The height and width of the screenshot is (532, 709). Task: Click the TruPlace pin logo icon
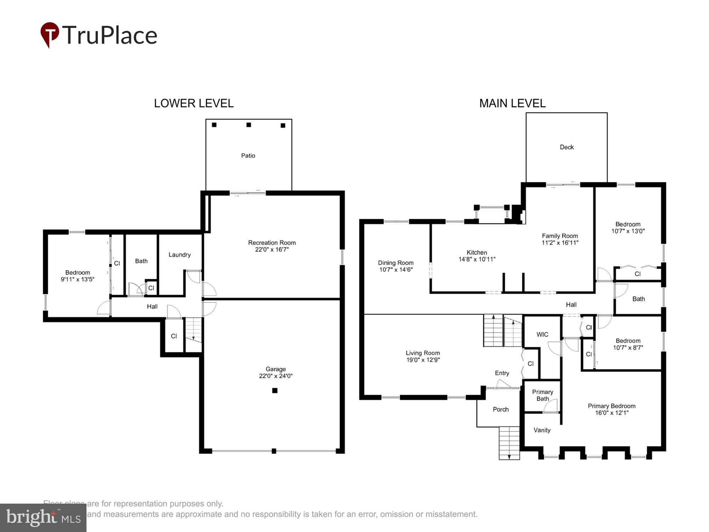pyautogui.click(x=50, y=34)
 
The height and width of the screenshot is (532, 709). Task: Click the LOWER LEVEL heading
pyautogui.click(x=194, y=103)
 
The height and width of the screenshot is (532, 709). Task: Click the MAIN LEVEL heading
pyautogui.click(x=512, y=103)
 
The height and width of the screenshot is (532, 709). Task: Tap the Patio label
pyautogui.click(x=248, y=156)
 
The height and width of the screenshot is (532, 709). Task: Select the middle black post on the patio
pyautogui.click(x=249, y=125)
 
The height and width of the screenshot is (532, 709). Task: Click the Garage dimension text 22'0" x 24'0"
pyautogui.click(x=275, y=376)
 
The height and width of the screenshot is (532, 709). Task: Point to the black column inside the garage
pyautogui.click(x=275, y=390)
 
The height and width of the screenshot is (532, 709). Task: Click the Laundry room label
pyautogui.click(x=179, y=255)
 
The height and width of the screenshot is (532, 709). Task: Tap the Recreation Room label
pyautogui.click(x=272, y=243)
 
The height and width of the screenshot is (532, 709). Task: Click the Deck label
pyautogui.click(x=566, y=147)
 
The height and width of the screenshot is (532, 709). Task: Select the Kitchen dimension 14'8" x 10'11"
pyautogui.click(x=477, y=259)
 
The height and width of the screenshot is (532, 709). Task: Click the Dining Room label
pyautogui.click(x=396, y=263)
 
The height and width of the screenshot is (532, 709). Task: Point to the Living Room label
pyautogui.click(x=423, y=353)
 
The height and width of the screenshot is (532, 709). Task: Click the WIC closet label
pyautogui.click(x=542, y=334)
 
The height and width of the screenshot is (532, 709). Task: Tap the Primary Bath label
pyautogui.click(x=542, y=395)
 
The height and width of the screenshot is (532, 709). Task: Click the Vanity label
pyautogui.click(x=542, y=430)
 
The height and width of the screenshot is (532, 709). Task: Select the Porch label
pyautogui.click(x=501, y=409)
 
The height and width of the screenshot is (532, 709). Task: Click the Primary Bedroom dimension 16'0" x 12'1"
pyautogui.click(x=612, y=413)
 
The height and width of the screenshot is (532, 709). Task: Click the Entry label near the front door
pyautogui.click(x=502, y=373)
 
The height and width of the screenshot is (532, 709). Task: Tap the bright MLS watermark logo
pyautogui.click(x=43, y=518)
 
